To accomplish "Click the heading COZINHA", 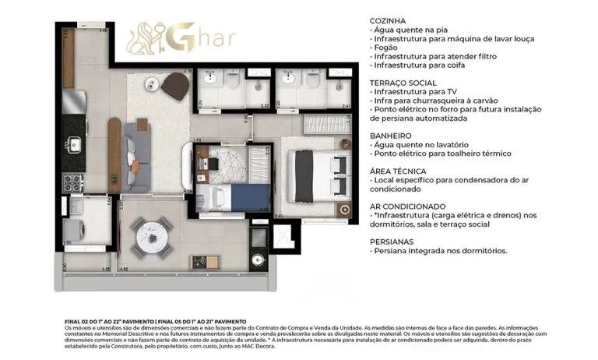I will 389,20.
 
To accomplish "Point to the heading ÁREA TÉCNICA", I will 399,170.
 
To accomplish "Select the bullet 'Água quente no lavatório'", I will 421,145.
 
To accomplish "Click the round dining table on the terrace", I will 151,233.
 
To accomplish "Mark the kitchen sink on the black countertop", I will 75,143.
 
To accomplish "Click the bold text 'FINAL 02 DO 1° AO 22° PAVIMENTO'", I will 104,321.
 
